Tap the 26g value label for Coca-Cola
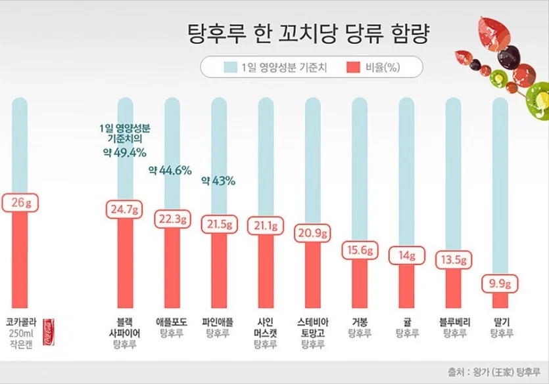click(20, 202)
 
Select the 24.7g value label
click(125, 210)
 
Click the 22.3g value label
click(172, 219)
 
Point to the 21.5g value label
click(220, 224)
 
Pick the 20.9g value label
click(314, 232)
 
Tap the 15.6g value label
click(360, 250)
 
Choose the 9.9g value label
click(502, 284)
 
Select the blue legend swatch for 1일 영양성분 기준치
click(230, 67)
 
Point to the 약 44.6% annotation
click(170, 170)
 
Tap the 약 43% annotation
click(218, 181)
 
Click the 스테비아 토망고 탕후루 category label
click(314, 332)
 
